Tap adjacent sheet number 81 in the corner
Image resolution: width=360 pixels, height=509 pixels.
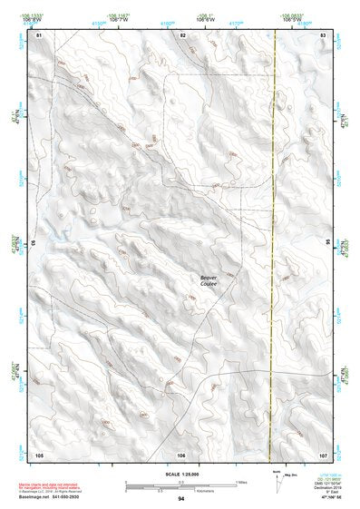point(39,34)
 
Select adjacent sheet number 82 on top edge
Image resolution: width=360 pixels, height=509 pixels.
point(182,34)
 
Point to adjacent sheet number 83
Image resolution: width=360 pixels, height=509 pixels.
point(323,34)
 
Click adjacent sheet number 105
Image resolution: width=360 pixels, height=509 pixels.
point(39,454)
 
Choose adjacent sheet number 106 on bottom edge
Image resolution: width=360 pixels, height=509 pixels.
point(181,454)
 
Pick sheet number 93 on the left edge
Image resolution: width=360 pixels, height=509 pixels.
point(34,243)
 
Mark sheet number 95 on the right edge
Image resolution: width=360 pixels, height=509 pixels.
point(327,243)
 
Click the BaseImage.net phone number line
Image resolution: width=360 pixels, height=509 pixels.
point(50,498)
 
